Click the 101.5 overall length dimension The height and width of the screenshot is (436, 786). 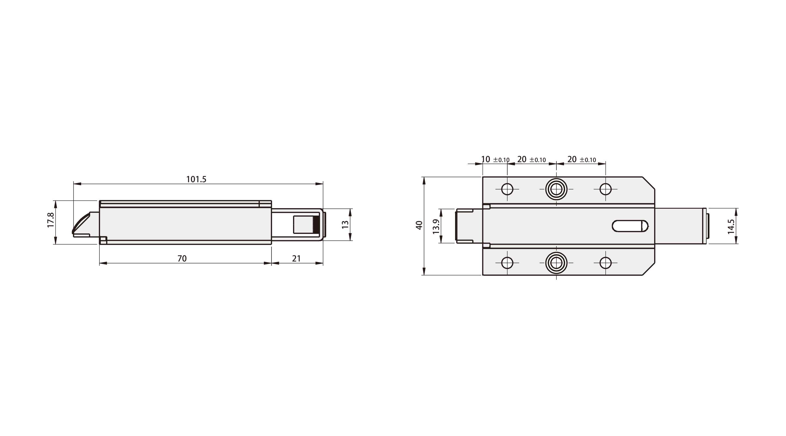(196, 179)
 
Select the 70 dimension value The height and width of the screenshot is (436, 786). (182, 259)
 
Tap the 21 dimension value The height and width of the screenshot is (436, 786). (296, 259)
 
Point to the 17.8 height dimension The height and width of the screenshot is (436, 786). (51, 220)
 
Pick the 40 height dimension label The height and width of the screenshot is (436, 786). (419, 225)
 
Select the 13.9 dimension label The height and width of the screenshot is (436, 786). (436, 226)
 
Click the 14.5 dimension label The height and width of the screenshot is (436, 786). (731, 226)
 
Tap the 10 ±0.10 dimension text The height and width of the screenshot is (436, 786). (495, 159)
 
